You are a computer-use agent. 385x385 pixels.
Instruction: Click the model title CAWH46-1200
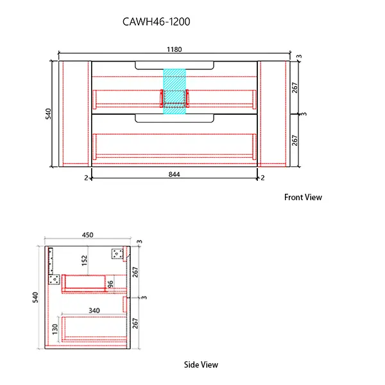(x=156, y=21)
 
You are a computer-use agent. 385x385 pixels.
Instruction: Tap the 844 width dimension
(x=175, y=173)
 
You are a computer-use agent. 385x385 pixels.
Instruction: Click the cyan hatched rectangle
(x=175, y=92)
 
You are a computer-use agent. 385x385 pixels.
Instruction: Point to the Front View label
(x=303, y=197)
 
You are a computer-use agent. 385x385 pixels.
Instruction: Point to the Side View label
(x=201, y=364)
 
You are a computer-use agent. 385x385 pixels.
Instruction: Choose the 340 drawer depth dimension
(x=94, y=311)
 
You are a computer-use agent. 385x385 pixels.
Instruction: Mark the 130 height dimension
(x=55, y=329)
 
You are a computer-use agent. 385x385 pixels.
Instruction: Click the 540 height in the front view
(x=46, y=113)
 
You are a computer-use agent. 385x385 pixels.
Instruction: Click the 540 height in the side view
(x=36, y=298)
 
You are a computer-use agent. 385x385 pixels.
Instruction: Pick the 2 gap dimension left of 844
(x=85, y=178)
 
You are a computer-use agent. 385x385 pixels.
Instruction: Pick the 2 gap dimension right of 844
(x=264, y=178)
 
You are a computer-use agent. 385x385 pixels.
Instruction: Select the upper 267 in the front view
(x=295, y=88)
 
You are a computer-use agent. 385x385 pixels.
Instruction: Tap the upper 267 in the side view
(x=135, y=272)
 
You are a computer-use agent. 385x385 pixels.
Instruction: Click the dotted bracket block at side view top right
(x=117, y=254)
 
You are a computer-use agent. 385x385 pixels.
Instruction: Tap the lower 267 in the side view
(x=135, y=323)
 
